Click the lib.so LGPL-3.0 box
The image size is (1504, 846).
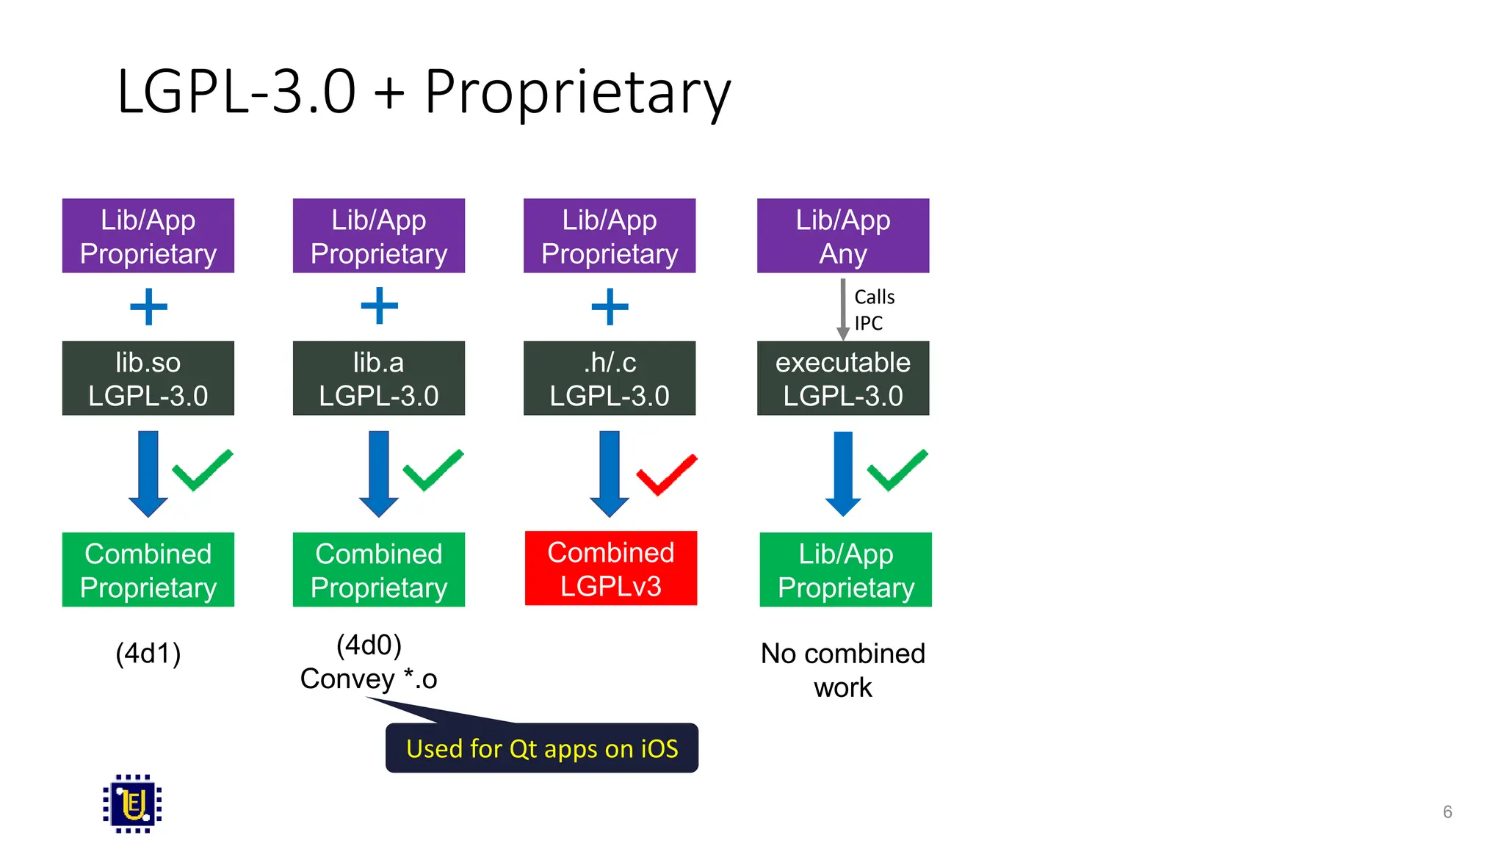click(148, 378)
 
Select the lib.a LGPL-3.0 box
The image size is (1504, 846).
click(378, 378)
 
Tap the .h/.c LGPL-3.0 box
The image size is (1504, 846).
click(609, 378)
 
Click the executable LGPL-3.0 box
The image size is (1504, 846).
click(842, 378)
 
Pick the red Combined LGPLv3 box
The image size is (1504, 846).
click(610, 568)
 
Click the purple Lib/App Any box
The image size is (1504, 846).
click(842, 236)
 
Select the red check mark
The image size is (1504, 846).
click(666, 474)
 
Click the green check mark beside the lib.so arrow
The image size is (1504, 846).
click(202, 470)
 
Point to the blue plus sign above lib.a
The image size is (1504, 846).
click(379, 306)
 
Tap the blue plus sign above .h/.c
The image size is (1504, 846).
click(610, 306)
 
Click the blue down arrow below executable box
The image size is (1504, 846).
click(843, 474)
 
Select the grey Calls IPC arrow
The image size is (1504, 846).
click(843, 308)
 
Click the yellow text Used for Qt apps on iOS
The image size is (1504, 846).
click(542, 748)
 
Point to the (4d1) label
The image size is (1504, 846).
click(148, 653)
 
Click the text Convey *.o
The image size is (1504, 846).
click(369, 679)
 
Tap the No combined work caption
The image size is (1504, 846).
click(842, 670)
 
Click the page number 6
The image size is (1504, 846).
click(1447, 811)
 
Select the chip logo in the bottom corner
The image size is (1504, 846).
click(132, 803)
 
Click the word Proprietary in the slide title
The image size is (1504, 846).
click(577, 92)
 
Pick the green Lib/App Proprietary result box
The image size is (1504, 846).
click(845, 570)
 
